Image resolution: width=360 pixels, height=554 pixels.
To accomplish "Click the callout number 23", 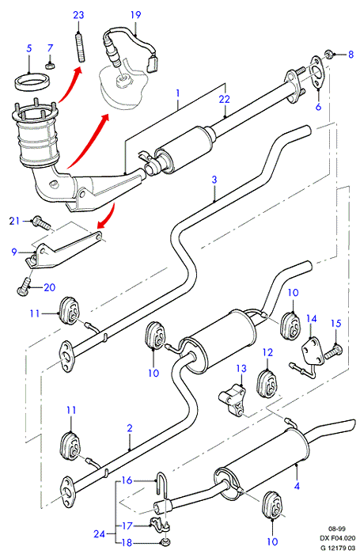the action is point(78,15).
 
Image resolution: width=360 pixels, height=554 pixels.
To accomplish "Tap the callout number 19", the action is point(135,15).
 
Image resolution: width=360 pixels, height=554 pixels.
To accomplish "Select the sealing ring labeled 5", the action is point(32,82).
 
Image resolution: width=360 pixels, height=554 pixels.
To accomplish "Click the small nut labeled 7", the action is point(51,66).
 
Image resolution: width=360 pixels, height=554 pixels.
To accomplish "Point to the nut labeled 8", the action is point(328,55).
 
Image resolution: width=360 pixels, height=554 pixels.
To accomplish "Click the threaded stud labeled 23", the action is point(81,47).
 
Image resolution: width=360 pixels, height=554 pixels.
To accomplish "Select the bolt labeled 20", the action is point(24,286).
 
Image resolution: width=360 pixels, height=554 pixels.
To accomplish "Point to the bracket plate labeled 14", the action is point(312,351).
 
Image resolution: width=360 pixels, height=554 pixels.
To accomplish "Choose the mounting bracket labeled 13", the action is point(233,400).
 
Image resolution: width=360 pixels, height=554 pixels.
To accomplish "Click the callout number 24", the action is point(99,533).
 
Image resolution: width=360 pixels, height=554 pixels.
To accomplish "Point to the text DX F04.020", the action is point(337,538).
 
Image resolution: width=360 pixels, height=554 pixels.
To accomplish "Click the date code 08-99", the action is point(337,529).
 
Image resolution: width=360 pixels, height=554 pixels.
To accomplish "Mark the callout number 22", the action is point(225,99).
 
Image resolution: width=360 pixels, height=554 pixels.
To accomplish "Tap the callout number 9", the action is point(14,252).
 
